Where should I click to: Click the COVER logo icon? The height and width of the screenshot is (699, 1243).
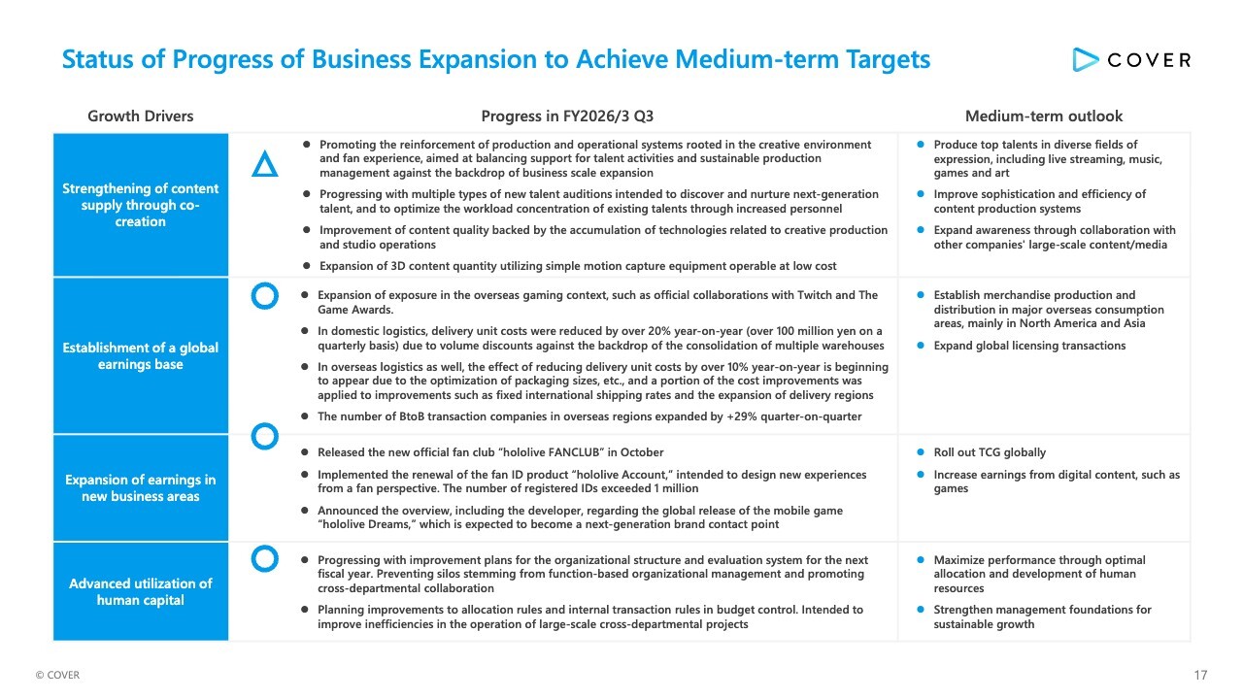tap(1085, 59)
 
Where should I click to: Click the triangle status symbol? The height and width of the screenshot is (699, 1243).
tap(264, 164)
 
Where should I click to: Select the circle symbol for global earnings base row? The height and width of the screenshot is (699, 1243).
tap(265, 297)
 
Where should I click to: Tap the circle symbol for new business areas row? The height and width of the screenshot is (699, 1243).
tap(264, 437)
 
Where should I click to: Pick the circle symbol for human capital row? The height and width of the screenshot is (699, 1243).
tap(264, 558)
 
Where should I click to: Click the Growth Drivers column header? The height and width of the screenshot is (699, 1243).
tap(141, 116)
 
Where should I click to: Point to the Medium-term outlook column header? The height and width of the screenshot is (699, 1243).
tap(1044, 116)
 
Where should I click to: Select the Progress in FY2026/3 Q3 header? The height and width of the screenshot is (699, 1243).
tap(567, 116)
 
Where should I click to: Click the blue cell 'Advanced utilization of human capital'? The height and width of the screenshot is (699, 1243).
tap(141, 591)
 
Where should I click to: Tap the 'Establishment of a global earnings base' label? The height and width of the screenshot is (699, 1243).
tap(141, 355)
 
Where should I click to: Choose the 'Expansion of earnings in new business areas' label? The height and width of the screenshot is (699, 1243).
tap(141, 487)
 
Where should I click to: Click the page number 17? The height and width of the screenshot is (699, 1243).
tap(1200, 675)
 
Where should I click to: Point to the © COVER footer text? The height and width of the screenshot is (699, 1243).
tap(57, 675)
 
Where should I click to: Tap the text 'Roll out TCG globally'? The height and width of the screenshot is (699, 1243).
tap(990, 452)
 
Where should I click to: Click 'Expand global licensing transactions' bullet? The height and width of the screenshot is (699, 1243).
tap(1029, 346)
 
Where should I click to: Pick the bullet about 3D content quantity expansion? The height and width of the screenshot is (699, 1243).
tap(577, 266)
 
